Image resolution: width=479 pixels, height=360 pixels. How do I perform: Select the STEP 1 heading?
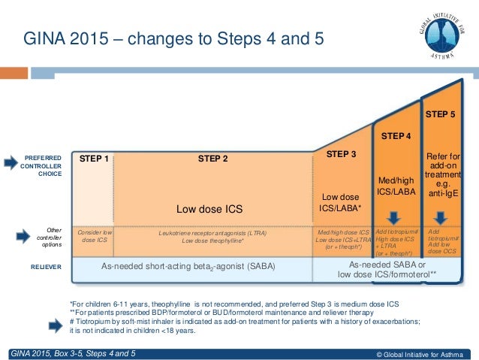pyautogui.click(x=94, y=159)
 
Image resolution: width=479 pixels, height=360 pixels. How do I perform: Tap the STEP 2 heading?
pyautogui.click(x=213, y=159)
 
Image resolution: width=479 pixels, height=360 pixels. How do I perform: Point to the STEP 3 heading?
pyautogui.click(x=341, y=154)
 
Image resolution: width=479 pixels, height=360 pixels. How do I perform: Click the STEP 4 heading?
pyautogui.click(x=396, y=136)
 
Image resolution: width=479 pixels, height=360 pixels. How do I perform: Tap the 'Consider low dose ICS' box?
pyautogui.click(x=94, y=237)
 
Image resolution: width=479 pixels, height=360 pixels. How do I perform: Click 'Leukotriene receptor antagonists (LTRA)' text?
pyautogui.click(x=213, y=233)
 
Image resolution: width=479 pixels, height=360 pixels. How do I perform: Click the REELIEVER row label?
pyautogui.click(x=45, y=266)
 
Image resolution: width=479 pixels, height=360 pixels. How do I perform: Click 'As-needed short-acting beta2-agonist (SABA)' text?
pyautogui.click(x=192, y=266)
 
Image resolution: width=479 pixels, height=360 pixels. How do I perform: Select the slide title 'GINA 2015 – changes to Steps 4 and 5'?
pyautogui.click(x=174, y=38)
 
